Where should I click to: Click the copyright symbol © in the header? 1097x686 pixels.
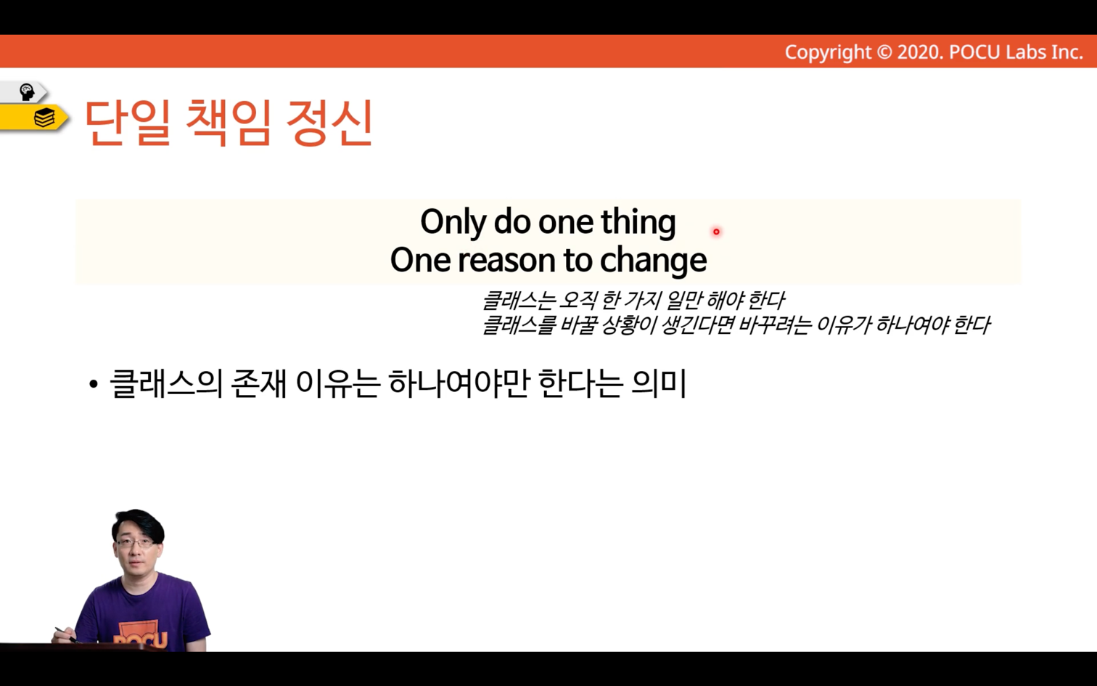[x=884, y=52]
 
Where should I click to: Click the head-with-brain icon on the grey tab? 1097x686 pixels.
[x=27, y=92]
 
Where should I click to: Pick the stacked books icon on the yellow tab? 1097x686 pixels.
[x=44, y=118]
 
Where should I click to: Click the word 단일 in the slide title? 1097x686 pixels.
[x=128, y=123]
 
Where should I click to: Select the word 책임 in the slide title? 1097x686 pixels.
[x=229, y=123]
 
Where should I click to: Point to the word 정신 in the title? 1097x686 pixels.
[x=329, y=123]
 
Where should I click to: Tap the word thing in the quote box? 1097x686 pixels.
[x=638, y=223]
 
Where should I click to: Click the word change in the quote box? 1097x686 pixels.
[x=653, y=261]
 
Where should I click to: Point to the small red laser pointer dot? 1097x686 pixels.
[x=716, y=232]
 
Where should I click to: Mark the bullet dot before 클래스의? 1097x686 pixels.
[x=94, y=384]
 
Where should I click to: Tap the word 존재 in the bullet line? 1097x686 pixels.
[x=258, y=384]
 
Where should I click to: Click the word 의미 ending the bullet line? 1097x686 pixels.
[x=659, y=384]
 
